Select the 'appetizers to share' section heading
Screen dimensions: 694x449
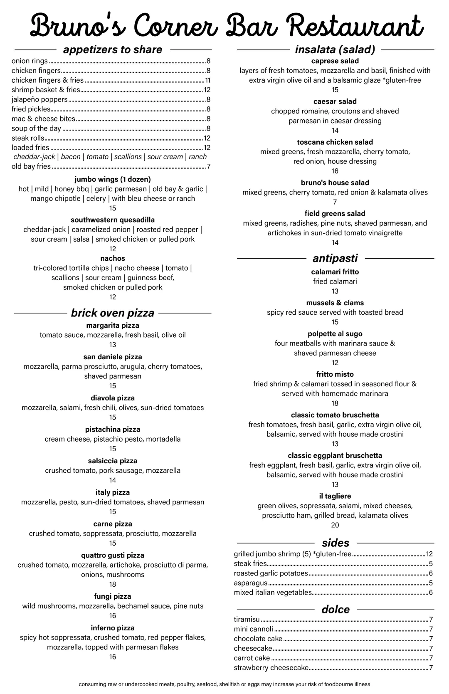(x=113, y=49)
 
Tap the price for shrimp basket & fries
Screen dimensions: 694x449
(x=207, y=90)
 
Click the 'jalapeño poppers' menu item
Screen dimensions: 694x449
(x=39, y=99)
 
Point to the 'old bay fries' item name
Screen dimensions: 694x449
(x=31, y=166)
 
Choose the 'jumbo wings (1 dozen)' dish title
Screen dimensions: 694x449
(x=113, y=179)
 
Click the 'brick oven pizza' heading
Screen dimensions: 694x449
(x=113, y=313)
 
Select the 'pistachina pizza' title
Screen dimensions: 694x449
(x=113, y=429)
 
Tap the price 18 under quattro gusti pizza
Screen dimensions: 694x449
(x=113, y=584)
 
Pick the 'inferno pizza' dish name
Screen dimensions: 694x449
(x=113, y=628)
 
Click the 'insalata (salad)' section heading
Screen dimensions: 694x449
(x=335, y=49)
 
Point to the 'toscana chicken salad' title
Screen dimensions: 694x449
(x=335, y=142)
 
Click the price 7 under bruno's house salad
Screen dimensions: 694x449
(x=335, y=202)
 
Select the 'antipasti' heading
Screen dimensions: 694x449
(x=335, y=258)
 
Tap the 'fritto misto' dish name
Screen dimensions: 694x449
(x=335, y=374)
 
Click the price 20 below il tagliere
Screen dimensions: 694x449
(x=335, y=525)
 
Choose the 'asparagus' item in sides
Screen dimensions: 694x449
(x=251, y=583)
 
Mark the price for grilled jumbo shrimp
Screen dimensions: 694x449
(x=429, y=554)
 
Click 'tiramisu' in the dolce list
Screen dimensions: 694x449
(x=247, y=620)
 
